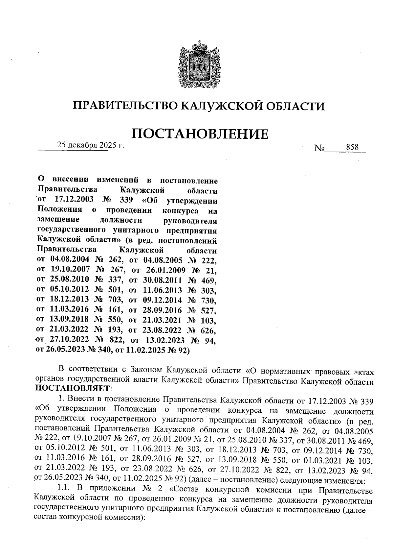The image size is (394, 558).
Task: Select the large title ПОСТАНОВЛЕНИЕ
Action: tap(200, 134)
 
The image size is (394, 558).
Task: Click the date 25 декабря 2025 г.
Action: tap(91, 145)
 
